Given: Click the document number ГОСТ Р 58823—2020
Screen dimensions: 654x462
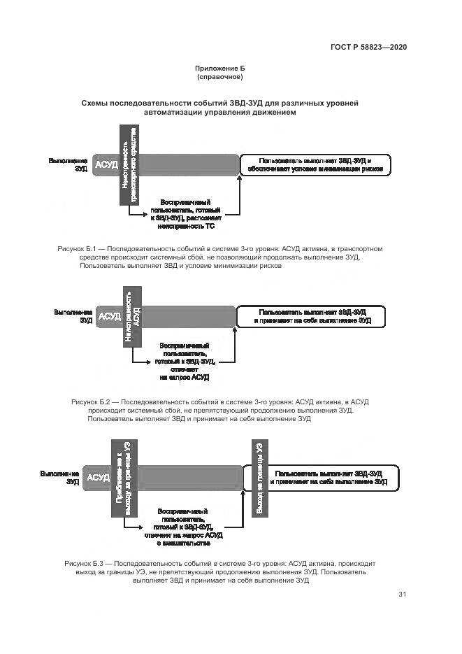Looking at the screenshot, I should tap(368, 48).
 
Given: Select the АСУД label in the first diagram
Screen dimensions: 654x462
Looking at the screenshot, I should tap(106, 165).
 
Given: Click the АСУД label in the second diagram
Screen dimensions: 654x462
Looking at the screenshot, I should tap(110, 316).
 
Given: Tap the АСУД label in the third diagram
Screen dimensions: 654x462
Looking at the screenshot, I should tap(98, 477).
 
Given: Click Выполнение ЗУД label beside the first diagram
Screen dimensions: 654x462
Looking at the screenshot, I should tap(68, 165).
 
